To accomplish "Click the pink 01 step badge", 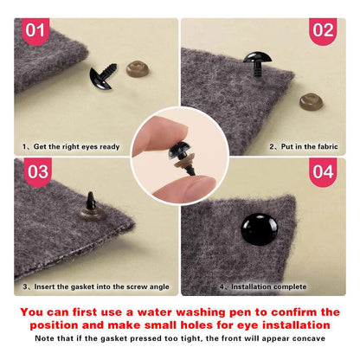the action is (35, 31).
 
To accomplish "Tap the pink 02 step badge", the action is (323, 31).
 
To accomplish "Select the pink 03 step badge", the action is (38, 172).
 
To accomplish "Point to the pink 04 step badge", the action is (323, 172).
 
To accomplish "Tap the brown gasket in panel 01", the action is (138, 69).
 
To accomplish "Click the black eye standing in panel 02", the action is (257, 63).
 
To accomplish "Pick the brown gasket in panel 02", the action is (311, 101).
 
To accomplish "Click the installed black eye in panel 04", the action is (260, 229).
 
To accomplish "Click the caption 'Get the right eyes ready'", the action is (76, 147).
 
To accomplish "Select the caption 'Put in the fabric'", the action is (309, 146).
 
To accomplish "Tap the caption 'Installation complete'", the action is (268, 286).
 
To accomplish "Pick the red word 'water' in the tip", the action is (154, 312).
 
